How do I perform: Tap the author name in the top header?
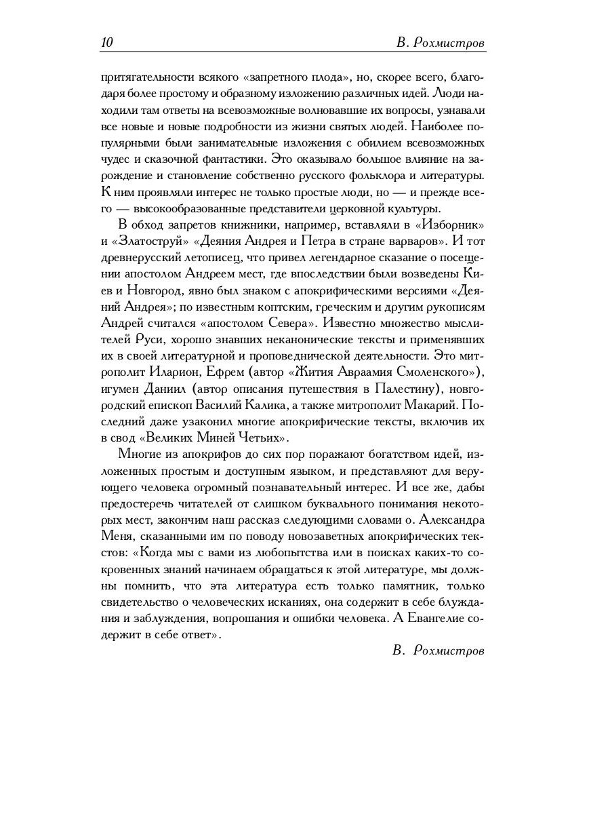[440, 43]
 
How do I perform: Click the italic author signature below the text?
[439, 650]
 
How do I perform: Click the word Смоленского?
[428, 372]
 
